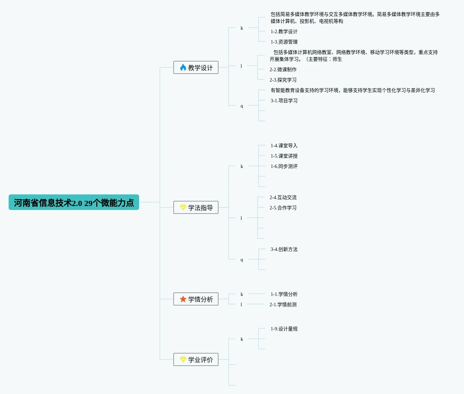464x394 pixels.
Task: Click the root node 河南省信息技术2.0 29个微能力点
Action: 74,203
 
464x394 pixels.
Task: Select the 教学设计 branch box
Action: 196,67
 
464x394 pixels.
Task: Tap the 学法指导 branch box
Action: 196,207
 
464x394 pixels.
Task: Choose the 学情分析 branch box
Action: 196,299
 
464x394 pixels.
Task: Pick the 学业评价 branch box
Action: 196,359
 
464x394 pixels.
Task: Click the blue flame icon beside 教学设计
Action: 183,67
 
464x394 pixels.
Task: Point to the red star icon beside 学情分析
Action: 183,299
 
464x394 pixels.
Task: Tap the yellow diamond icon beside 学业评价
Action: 183,359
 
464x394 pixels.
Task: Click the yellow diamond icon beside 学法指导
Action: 183,207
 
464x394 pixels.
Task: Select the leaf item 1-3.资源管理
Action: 284,42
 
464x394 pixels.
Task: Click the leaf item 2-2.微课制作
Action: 283,69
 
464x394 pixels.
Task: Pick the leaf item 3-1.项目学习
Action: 284,101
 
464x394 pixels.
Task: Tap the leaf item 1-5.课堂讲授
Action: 284,156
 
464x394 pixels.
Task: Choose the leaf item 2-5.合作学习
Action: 283,208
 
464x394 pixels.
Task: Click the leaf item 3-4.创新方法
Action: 284,249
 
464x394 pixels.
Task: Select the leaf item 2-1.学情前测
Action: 283,304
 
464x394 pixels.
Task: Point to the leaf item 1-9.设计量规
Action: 284,329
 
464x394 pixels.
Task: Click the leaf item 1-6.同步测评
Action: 284,166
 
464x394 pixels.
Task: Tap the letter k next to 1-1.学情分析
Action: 242,294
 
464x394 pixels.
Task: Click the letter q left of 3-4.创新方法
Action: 242,260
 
